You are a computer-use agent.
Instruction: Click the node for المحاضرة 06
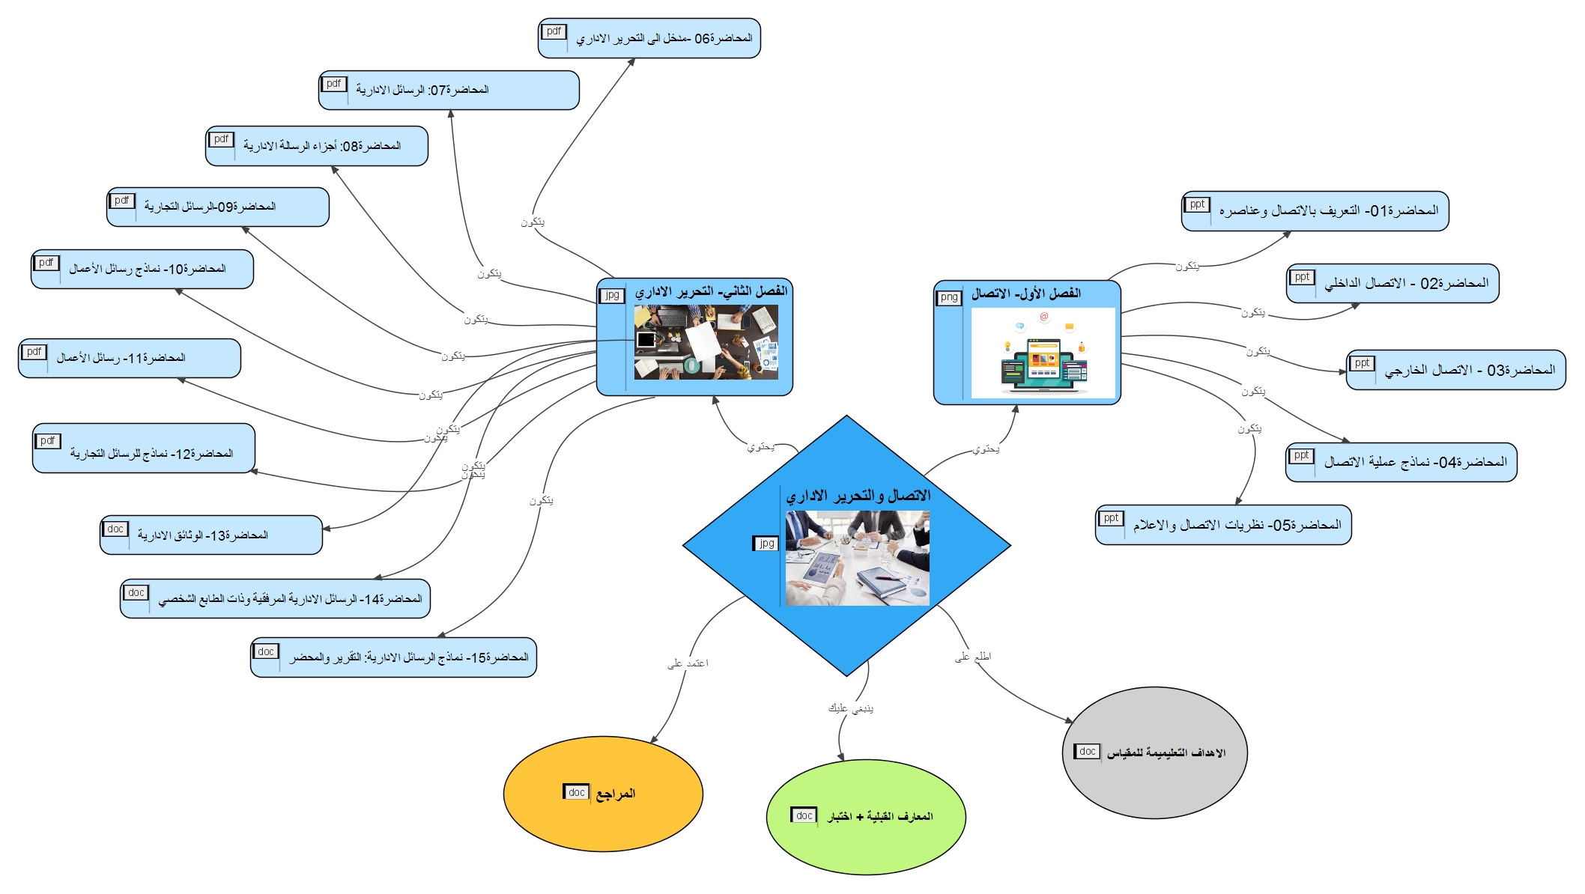649,38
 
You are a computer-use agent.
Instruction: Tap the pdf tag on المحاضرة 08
221,139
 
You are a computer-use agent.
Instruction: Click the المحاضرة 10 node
142,269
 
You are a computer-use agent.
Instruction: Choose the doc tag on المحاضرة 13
115,529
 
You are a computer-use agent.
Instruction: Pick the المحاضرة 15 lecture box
393,657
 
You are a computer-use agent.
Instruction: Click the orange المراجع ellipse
603,794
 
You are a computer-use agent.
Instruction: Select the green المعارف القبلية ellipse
866,817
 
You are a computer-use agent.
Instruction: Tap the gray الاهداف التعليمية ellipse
1154,752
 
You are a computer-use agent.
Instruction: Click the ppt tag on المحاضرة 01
1197,204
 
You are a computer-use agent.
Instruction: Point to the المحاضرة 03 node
1455,370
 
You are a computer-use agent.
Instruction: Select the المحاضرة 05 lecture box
1223,525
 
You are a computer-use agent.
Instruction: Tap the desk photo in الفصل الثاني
706,342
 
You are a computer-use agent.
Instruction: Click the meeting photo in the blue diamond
857,558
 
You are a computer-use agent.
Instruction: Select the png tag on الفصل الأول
949,297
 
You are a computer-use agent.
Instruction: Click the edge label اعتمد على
688,663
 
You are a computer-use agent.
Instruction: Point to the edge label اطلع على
972,657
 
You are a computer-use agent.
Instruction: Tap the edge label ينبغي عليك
850,708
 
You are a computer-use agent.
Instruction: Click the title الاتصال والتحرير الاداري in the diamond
858,496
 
